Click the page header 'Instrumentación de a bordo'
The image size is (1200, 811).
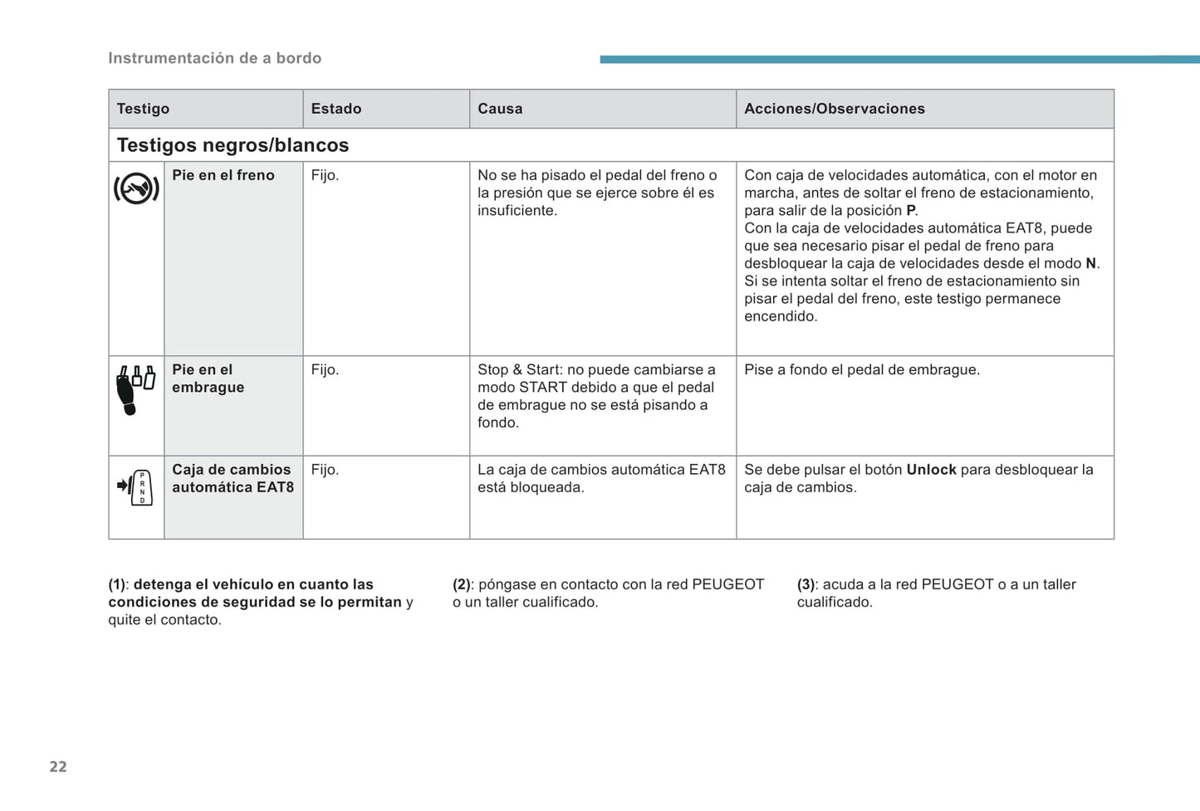tap(214, 58)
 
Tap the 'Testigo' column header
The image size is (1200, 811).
tap(143, 109)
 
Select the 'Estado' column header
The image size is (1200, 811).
tap(336, 109)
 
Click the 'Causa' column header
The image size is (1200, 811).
tap(500, 109)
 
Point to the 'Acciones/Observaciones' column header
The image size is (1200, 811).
tap(834, 109)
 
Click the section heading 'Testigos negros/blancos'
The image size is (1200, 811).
tap(233, 145)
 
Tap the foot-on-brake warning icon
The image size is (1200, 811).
tap(136, 189)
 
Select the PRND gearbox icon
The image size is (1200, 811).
tap(136, 487)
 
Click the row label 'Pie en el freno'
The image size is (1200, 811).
tap(223, 175)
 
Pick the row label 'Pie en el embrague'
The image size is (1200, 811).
tap(208, 379)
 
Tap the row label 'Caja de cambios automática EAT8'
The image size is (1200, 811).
tap(233, 478)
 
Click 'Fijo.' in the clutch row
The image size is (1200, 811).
tap(325, 369)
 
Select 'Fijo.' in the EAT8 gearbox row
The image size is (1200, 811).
tap(325, 470)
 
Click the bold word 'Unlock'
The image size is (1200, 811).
tap(931, 470)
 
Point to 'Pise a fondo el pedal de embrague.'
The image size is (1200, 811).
tap(861, 369)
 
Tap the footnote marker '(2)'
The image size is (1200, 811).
tap(462, 584)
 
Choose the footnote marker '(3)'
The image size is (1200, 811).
tap(806, 584)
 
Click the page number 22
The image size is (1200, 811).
tap(58, 766)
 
